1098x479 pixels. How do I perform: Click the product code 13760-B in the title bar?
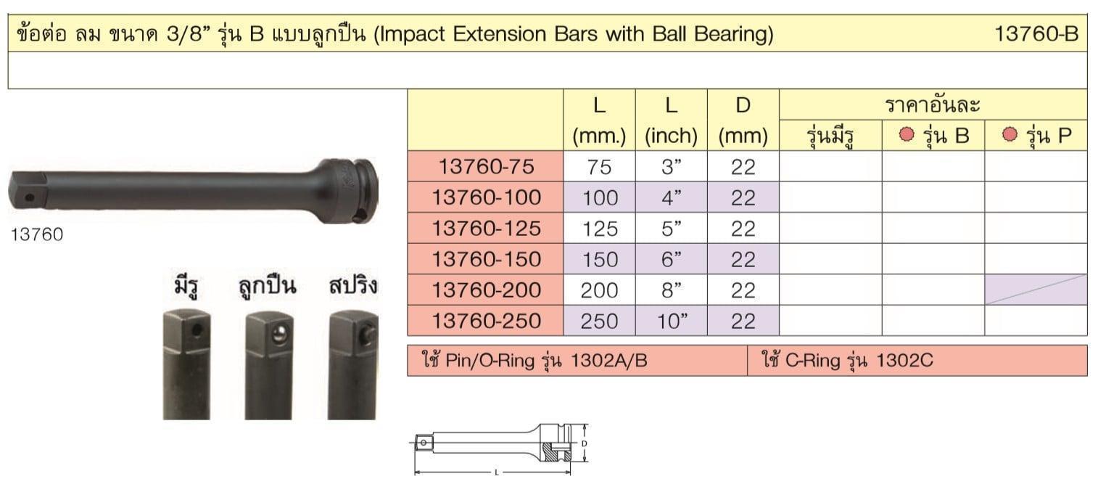pyautogui.click(x=1036, y=34)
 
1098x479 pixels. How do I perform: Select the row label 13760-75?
pyautogui.click(x=486, y=166)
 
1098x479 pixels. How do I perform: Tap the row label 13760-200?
pyautogui.click(x=486, y=290)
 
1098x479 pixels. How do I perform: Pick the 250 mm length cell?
pyautogui.click(x=599, y=321)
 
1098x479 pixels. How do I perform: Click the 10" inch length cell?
pyautogui.click(x=672, y=321)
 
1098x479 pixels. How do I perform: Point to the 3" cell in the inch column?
pyautogui.click(x=672, y=167)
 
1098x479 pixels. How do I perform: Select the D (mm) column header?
pyautogui.click(x=743, y=120)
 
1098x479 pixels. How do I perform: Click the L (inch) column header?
pyautogui.click(x=671, y=120)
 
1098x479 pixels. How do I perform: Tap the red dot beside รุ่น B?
pyautogui.click(x=907, y=134)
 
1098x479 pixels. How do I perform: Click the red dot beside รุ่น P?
pyautogui.click(x=1010, y=134)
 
